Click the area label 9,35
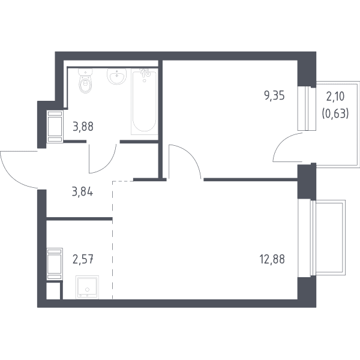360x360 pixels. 274,96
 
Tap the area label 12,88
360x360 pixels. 272,259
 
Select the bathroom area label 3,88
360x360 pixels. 83,127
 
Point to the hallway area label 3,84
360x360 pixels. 83,192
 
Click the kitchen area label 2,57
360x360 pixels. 83,259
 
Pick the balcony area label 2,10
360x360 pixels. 335,97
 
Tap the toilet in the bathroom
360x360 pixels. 85,81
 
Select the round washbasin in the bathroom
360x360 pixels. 116,77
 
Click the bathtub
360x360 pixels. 145,101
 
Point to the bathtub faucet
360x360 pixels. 145,73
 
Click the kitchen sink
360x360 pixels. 87,287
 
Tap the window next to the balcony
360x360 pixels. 307,109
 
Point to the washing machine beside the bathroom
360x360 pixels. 55,126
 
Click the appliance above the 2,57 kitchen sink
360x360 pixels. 55,264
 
